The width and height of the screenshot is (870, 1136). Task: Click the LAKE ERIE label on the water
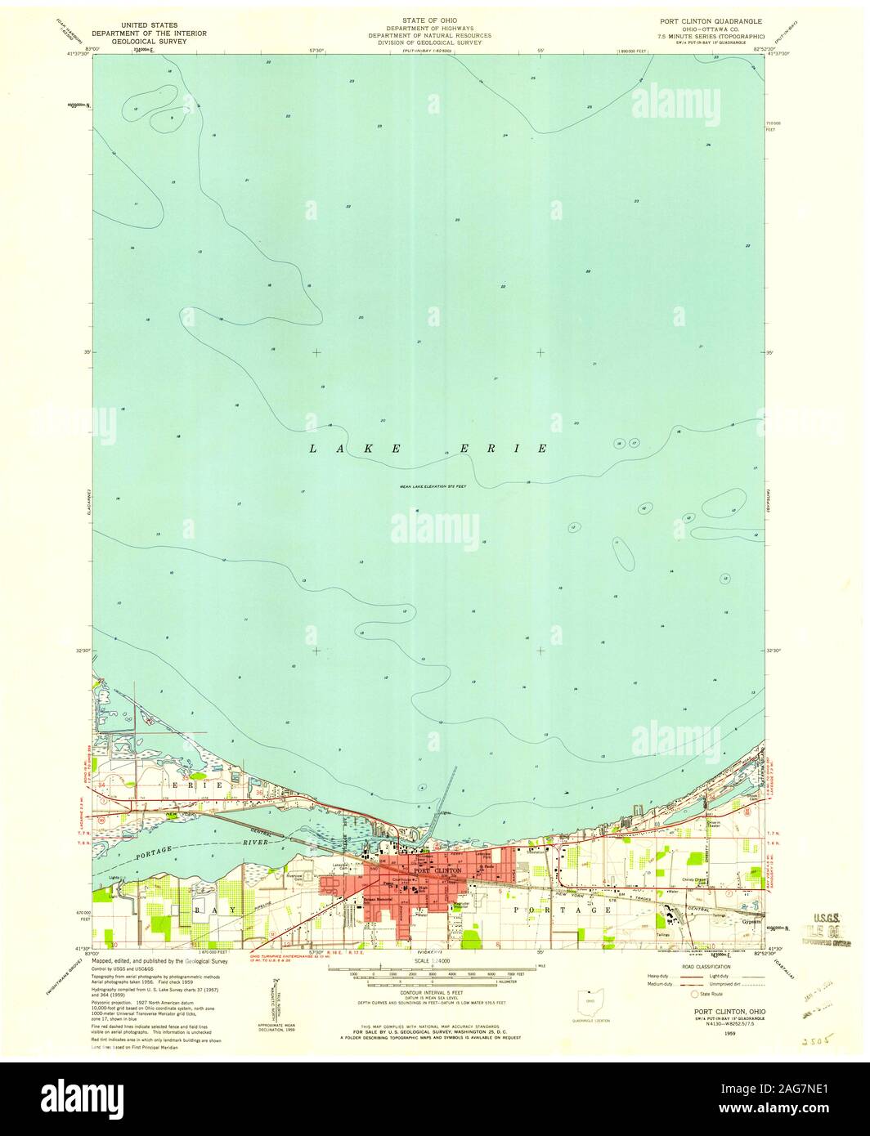tap(428, 449)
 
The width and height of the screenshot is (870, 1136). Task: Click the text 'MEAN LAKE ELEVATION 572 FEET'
tap(437, 487)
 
